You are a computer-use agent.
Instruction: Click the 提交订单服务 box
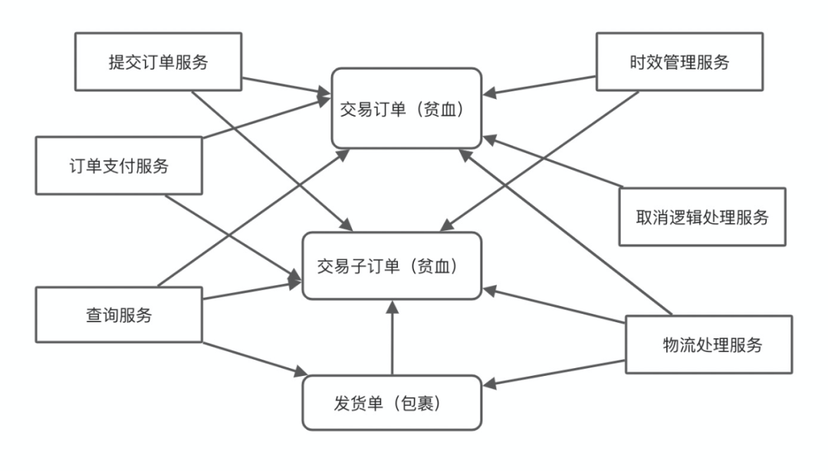pos(159,62)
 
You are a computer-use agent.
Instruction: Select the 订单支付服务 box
pos(119,166)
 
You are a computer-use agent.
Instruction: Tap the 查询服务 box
pos(119,315)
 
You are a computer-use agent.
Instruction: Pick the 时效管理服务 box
pos(679,62)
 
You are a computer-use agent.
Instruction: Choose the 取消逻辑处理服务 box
pos(702,217)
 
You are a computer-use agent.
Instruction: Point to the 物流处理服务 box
pos(708,344)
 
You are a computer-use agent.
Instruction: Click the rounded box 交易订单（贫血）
pos(406,108)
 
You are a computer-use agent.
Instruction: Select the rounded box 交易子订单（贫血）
pos(392,266)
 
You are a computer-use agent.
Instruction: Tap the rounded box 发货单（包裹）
pos(392,403)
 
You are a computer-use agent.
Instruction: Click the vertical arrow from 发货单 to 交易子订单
pos(392,338)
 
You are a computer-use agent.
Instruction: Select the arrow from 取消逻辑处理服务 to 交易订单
pos(552,162)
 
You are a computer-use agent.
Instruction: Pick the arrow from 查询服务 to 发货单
pos(255,359)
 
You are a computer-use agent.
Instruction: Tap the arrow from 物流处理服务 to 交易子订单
pos(554,305)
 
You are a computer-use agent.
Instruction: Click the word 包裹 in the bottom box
pos(418,403)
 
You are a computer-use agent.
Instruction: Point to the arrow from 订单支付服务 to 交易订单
pos(267,117)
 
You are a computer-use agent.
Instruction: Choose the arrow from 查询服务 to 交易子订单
pos(252,290)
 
